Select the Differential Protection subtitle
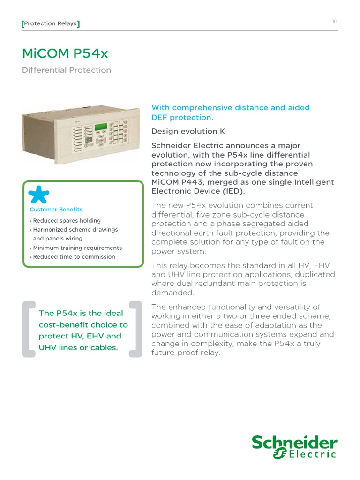tap(67, 70)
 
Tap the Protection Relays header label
tap(50, 23)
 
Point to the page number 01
tap(335, 22)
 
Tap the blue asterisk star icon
tap(39, 195)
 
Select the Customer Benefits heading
tap(56, 210)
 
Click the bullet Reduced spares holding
tap(67, 221)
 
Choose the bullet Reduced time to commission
tap(74, 257)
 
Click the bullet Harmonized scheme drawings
tap(75, 230)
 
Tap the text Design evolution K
tap(184, 131)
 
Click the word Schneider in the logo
tap(295, 442)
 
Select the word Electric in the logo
tap(312, 454)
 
